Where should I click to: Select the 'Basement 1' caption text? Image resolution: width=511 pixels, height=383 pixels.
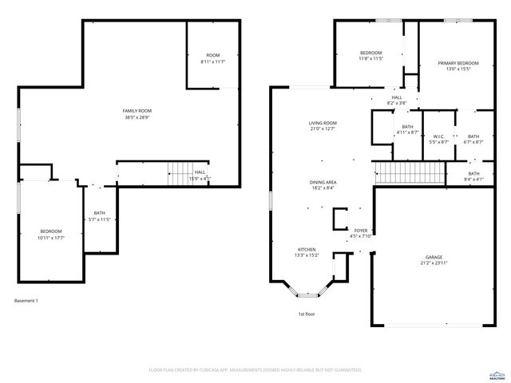26,301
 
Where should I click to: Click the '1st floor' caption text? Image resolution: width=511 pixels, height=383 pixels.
307,314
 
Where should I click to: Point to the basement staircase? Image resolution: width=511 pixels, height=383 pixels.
179,173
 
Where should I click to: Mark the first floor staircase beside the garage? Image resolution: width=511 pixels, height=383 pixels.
409,172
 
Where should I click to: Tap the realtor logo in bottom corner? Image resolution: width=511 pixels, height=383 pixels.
496,372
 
